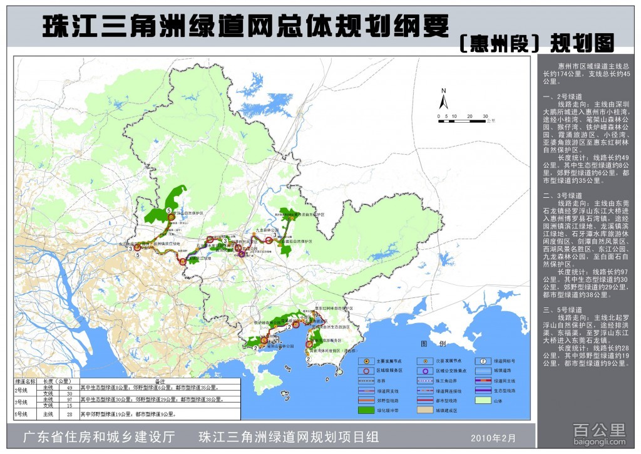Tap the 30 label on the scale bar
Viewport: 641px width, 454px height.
pyautogui.click(x=485, y=116)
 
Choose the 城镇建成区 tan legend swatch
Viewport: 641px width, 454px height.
pyautogui.click(x=426, y=410)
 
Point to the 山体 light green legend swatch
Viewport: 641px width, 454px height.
pyautogui.click(x=484, y=400)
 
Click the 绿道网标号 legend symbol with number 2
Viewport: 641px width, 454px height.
pyautogui.click(x=484, y=361)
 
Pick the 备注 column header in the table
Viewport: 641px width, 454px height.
pyautogui.click(x=159, y=381)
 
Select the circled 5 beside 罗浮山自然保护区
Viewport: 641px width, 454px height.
pyautogui.click(x=169, y=210)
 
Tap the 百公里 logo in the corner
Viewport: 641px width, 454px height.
pyautogui.click(x=599, y=432)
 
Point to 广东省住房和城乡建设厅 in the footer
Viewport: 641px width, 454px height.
pyautogui.click(x=98, y=436)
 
